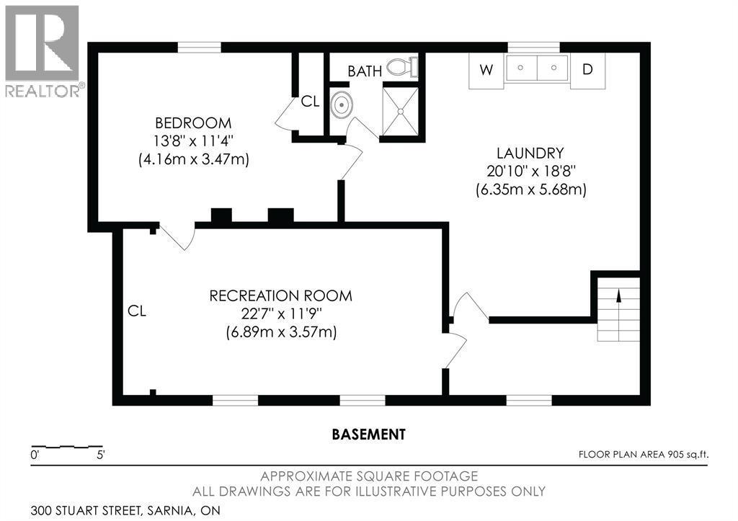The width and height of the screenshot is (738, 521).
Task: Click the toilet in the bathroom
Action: (x=402, y=67)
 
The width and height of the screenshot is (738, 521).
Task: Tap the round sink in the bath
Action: (x=340, y=104)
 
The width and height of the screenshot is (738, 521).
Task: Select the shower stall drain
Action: (x=400, y=112)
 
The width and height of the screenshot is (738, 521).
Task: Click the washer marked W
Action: (x=486, y=70)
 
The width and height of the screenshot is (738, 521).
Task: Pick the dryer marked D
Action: (x=587, y=70)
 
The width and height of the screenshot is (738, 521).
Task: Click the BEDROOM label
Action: (x=193, y=123)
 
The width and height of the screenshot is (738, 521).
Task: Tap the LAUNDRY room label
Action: (x=530, y=153)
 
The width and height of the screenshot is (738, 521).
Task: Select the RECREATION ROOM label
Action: (x=280, y=296)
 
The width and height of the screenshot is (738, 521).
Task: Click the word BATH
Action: (x=365, y=71)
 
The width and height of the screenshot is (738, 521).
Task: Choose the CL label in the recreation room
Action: (x=137, y=311)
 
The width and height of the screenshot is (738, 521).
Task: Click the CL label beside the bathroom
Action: (x=310, y=101)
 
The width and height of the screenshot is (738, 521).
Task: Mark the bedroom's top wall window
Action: (x=199, y=48)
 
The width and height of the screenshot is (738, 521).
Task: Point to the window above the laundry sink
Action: (x=534, y=48)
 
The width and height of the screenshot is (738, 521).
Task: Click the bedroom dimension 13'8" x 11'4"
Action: (x=193, y=141)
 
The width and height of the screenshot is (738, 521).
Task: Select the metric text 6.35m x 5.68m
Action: (x=531, y=190)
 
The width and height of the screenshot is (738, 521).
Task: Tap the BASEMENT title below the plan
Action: (x=368, y=434)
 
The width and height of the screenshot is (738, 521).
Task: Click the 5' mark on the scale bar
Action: (x=100, y=455)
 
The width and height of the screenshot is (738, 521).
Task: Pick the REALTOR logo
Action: (x=43, y=51)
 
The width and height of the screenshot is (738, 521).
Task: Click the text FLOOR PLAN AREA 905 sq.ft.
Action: (x=644, y=455)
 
